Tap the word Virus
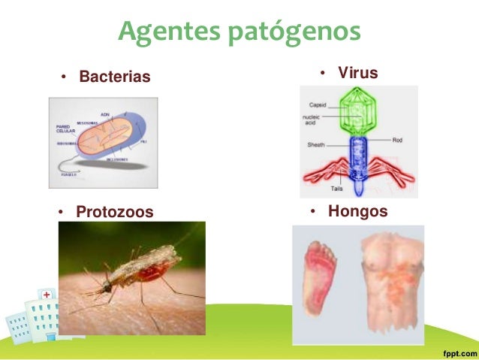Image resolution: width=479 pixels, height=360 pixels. click(x=357, y=73)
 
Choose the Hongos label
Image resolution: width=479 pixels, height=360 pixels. click(x=357, y=211)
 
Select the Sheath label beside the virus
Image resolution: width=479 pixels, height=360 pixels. click(x=316, y=144)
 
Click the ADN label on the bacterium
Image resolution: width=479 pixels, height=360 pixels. click(x=105, y=113)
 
